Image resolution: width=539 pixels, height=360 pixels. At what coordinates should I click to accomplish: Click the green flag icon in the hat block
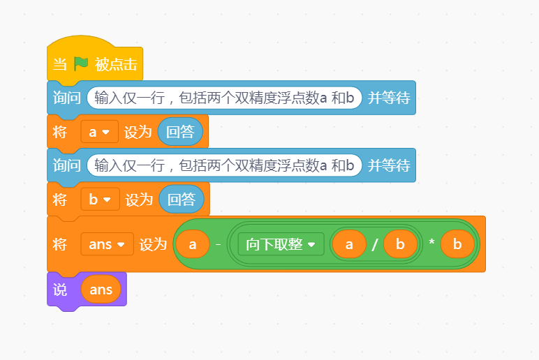click(81, 64)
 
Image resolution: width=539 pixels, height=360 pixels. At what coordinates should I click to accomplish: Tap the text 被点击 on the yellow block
click(116, 65)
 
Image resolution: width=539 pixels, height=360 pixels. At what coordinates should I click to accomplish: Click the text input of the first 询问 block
click(224, 98)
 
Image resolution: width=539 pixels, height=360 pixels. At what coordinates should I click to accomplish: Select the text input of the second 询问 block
click(224, 165)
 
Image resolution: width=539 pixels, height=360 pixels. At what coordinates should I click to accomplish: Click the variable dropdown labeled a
click(100, 132)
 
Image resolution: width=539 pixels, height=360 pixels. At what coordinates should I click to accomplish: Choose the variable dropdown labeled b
click(100, 200)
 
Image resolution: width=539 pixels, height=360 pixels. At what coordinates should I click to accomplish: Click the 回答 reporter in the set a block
click(180, 132)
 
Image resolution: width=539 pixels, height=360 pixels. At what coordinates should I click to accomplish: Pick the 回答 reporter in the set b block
click(181, 200)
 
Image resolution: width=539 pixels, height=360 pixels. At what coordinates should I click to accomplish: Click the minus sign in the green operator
click(218, 244)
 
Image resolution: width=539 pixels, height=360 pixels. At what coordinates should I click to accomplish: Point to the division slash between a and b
click(374, 245)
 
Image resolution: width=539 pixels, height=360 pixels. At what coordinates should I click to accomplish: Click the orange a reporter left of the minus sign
click(193, 244)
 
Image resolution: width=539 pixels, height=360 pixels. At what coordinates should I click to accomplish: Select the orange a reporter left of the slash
click(350, 244)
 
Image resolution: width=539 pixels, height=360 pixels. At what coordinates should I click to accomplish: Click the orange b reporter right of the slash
click(400, 244)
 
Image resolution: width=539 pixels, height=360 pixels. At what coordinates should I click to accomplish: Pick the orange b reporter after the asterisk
click(457, 244)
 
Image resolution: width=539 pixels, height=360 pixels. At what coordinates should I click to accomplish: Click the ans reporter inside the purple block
click(101, 290)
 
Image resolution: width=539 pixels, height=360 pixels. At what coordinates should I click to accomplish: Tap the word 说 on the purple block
click(60, 290)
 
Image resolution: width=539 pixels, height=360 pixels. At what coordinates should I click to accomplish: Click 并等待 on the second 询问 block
click(389, 165)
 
